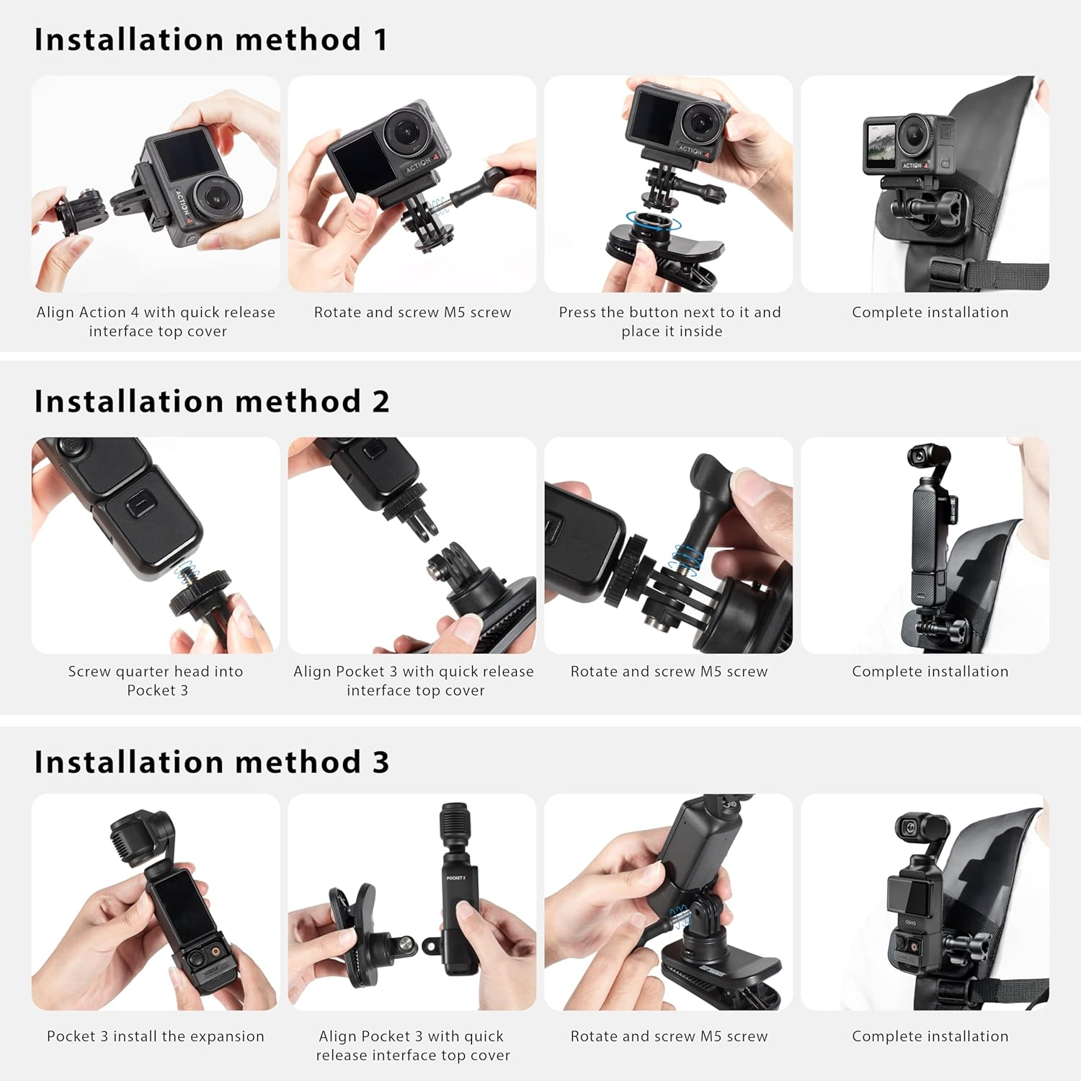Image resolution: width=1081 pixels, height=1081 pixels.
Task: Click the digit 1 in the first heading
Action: [x=380, y=40]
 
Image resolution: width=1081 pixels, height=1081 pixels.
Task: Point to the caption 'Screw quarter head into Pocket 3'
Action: [x=156, y=680]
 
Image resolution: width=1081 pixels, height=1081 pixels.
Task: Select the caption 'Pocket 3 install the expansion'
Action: [x=156, y=1036]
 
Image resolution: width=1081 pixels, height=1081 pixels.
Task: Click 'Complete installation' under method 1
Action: [x=930, y=312]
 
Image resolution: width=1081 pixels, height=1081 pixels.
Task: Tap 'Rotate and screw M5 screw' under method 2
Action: [x=669, y=671]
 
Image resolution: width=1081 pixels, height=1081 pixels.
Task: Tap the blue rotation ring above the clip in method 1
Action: [x=653, y=221]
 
